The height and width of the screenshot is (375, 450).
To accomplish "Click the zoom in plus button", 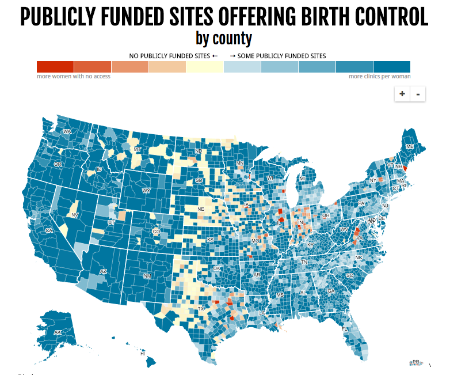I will pos(402,94).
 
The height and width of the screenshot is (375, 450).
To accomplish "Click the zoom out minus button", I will pos(418,94).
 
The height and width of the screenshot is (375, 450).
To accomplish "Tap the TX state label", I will pos(201,309).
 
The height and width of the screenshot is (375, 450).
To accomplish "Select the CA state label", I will pos(49,231).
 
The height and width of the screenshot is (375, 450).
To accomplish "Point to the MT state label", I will pos(137,149).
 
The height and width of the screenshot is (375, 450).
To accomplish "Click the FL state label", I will pos(345,329).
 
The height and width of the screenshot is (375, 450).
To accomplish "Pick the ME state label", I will pos(410,147).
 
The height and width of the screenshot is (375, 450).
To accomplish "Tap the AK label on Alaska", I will pos(58,333).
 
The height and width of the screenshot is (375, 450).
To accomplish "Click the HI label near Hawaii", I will pos(142,354).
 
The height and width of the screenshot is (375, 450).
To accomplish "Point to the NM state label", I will pos(147,276).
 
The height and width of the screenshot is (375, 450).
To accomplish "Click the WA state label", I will pos(67,131).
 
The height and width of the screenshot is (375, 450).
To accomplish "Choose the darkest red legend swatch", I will pos(55,66).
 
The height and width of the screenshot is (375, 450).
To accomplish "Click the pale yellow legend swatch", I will pos(205,66).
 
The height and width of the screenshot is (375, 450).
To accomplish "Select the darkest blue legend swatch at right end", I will pos(391,66).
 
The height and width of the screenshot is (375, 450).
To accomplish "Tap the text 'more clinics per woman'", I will pos(379,77).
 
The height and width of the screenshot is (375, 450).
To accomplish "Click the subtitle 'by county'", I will pos(224,39).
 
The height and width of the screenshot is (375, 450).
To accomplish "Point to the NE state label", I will pos(201,209).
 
